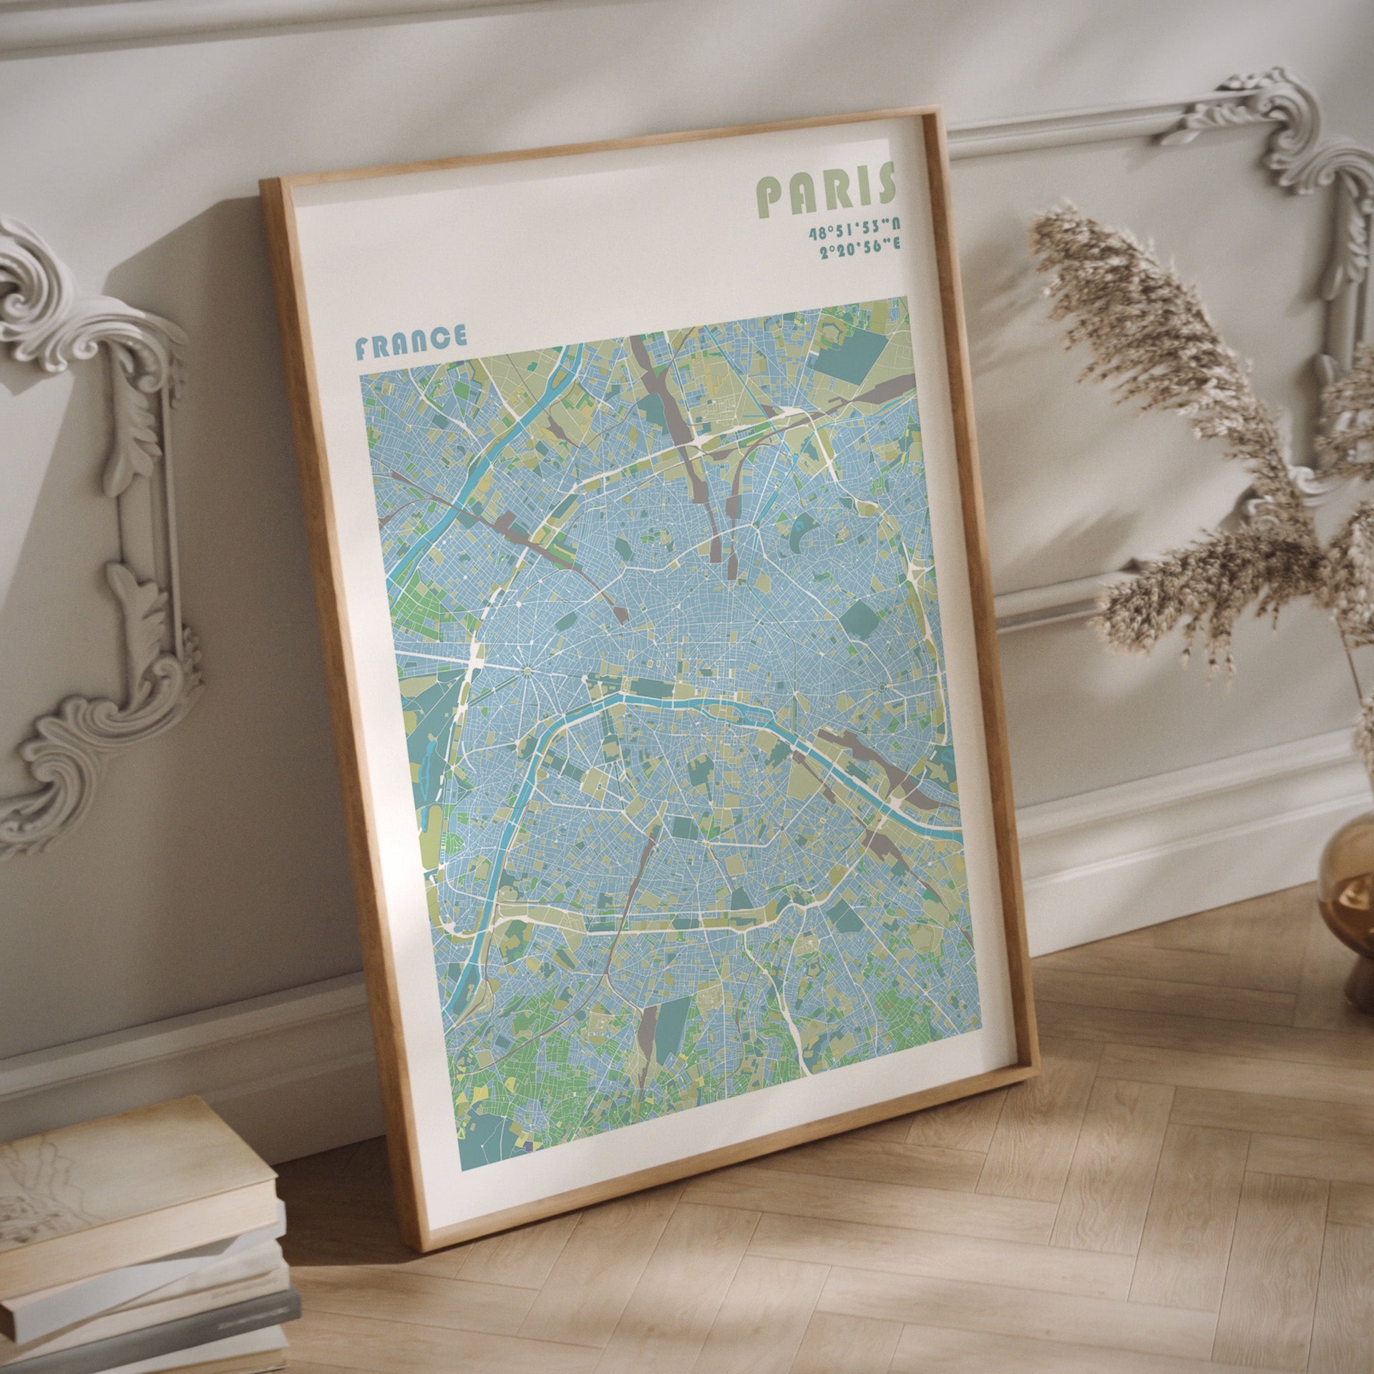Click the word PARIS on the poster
pyautogui.click(x=827, y=189)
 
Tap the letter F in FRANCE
pyautogui.click(x=363, y=349)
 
